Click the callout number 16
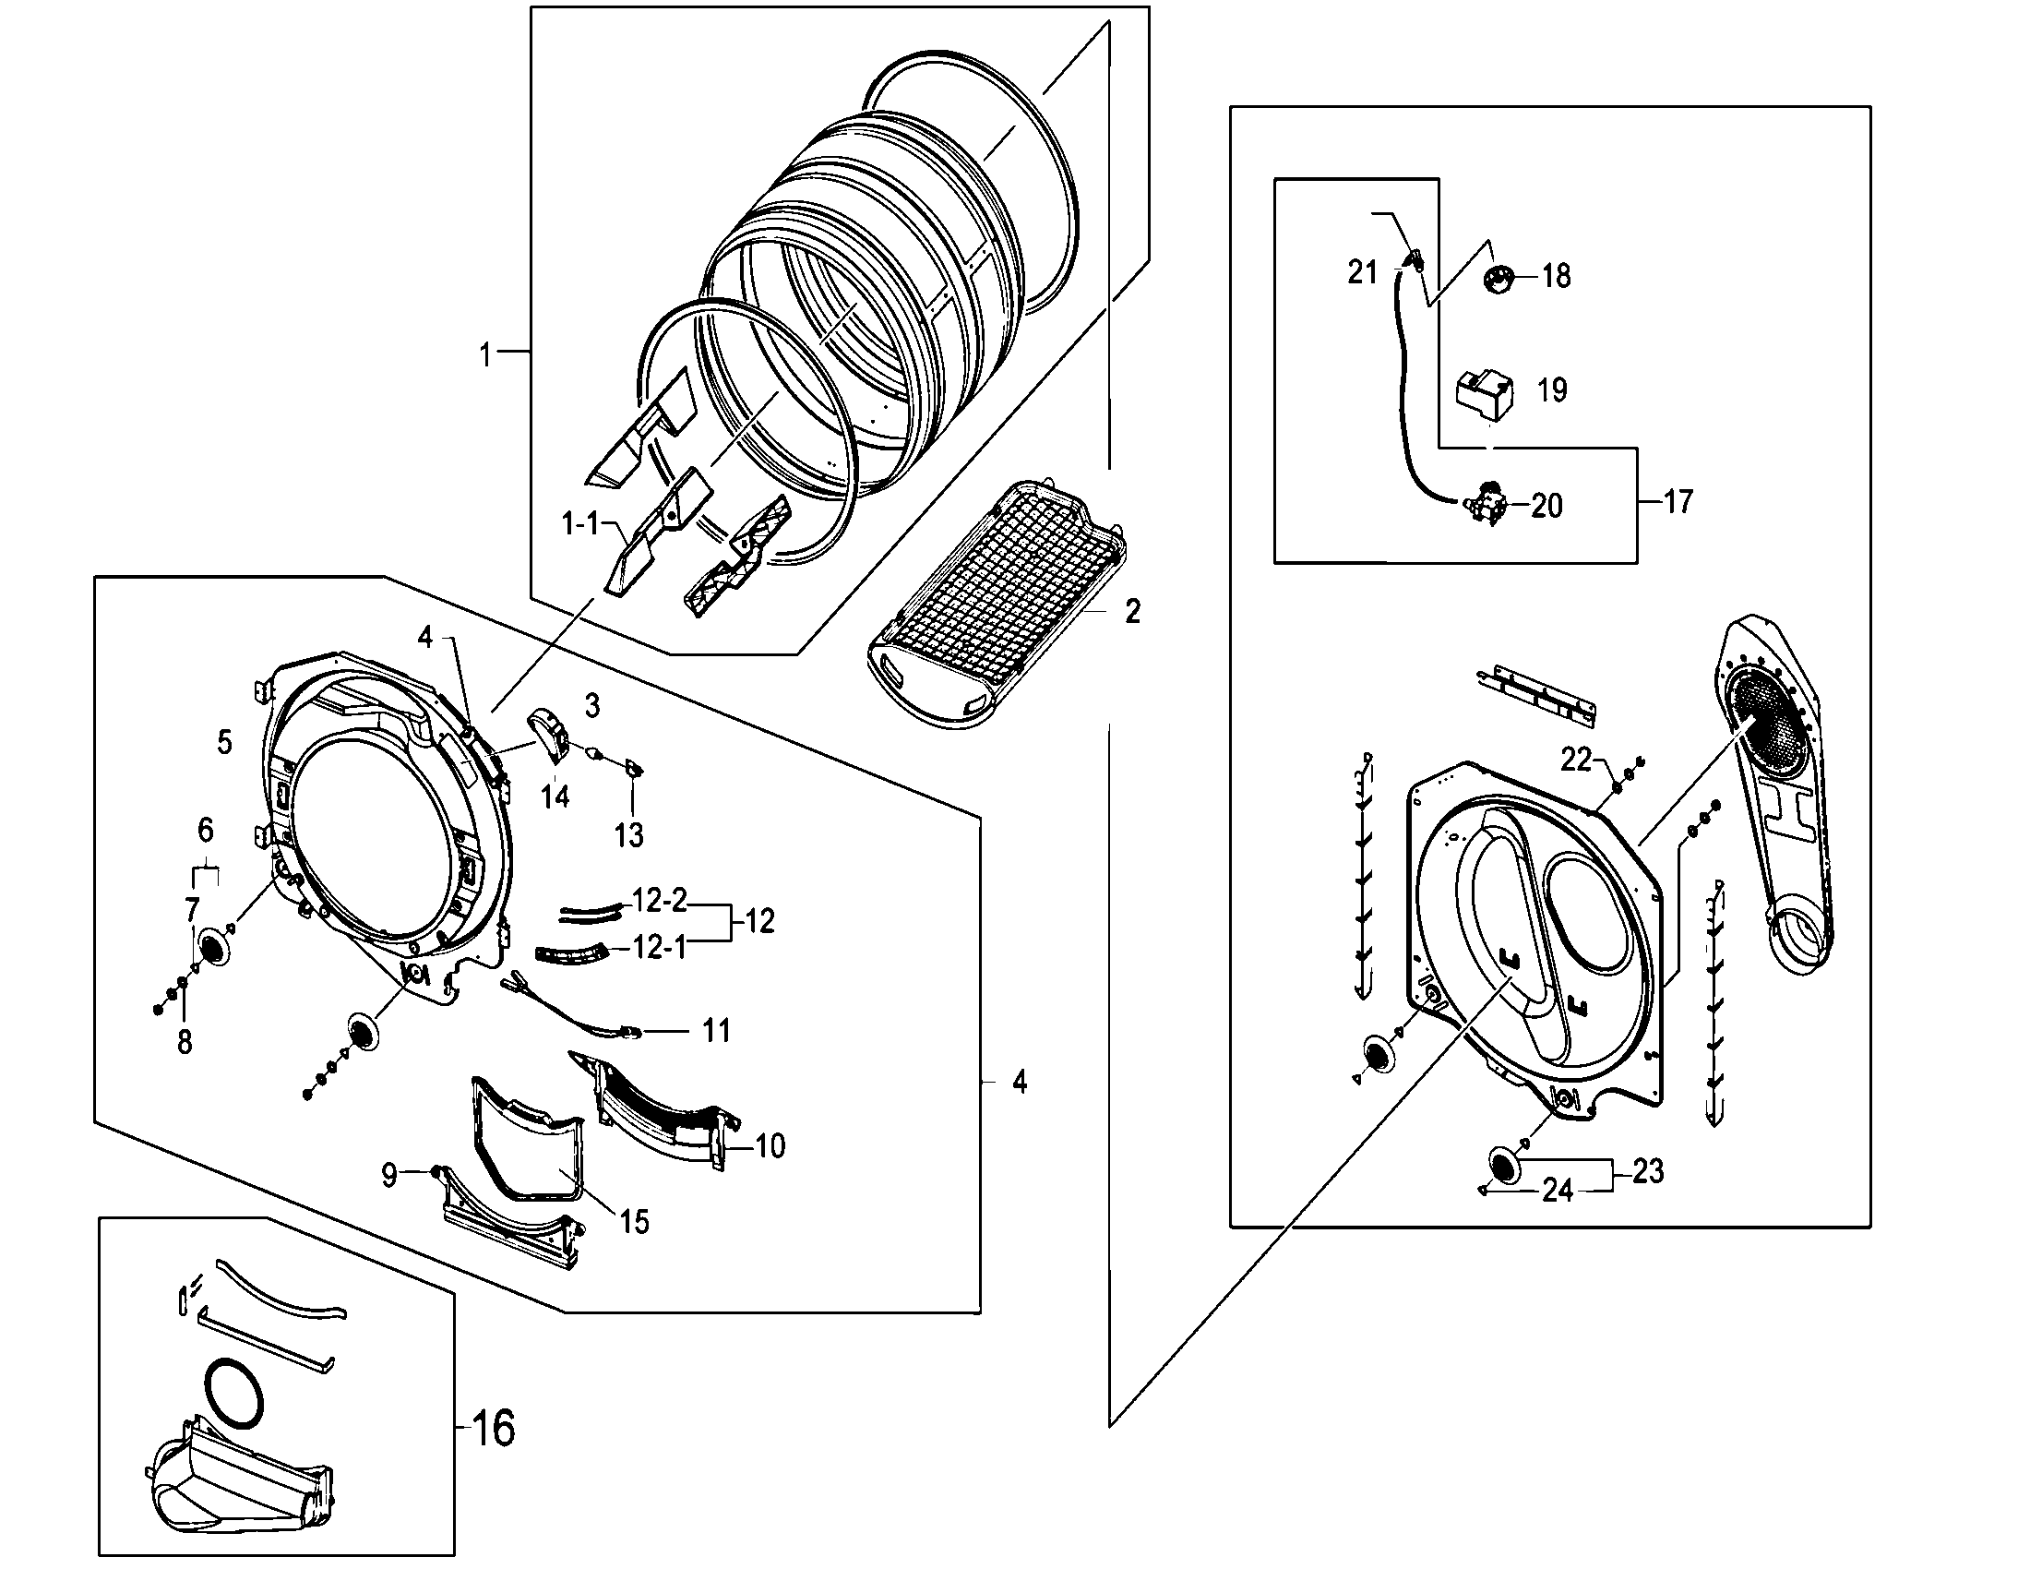pyautogui.click(x=494, y=1427)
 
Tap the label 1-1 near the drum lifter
pyautogui.click(x=581, y=524)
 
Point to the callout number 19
pyautogui.click(x=1552, y=389)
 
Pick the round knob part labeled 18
pyautogui.click(x=1498, y=277)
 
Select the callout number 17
pyautogui.click(x=1678, y=502)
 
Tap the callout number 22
pyautogui.click(x=1576, y=760)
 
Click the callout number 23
pyautogui.click(x=1647, y=1171)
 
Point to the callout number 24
pyautogui.click(x=1557, y=1191)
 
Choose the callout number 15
pyautogui.click(x=635, y=1221)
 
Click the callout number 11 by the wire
pyautogui.click(x=716, y=1030)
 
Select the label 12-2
pyautogui.click(x=660, y=900)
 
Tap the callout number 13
pyautogui.click(x=629, y=834)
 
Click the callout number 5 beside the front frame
pyautogui.click(x=224, y=742)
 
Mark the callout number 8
pyautogui.click(x=184, y=1042)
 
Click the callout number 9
pyautogui.click(x=389, y=1176)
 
